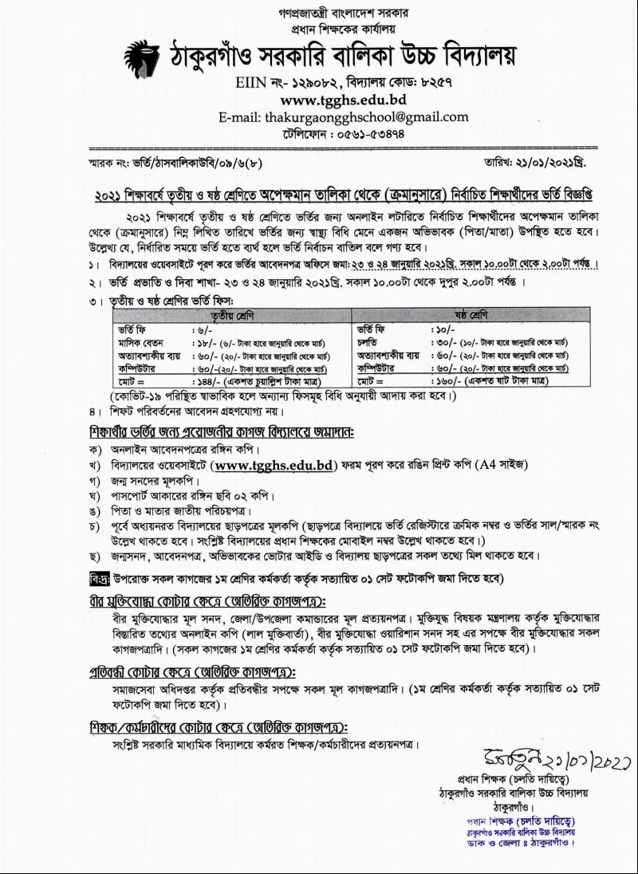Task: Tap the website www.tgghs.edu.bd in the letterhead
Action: [x=343, y=100]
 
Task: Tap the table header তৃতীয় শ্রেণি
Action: [x=231, y=315]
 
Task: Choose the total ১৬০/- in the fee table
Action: [x=444, y=382]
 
